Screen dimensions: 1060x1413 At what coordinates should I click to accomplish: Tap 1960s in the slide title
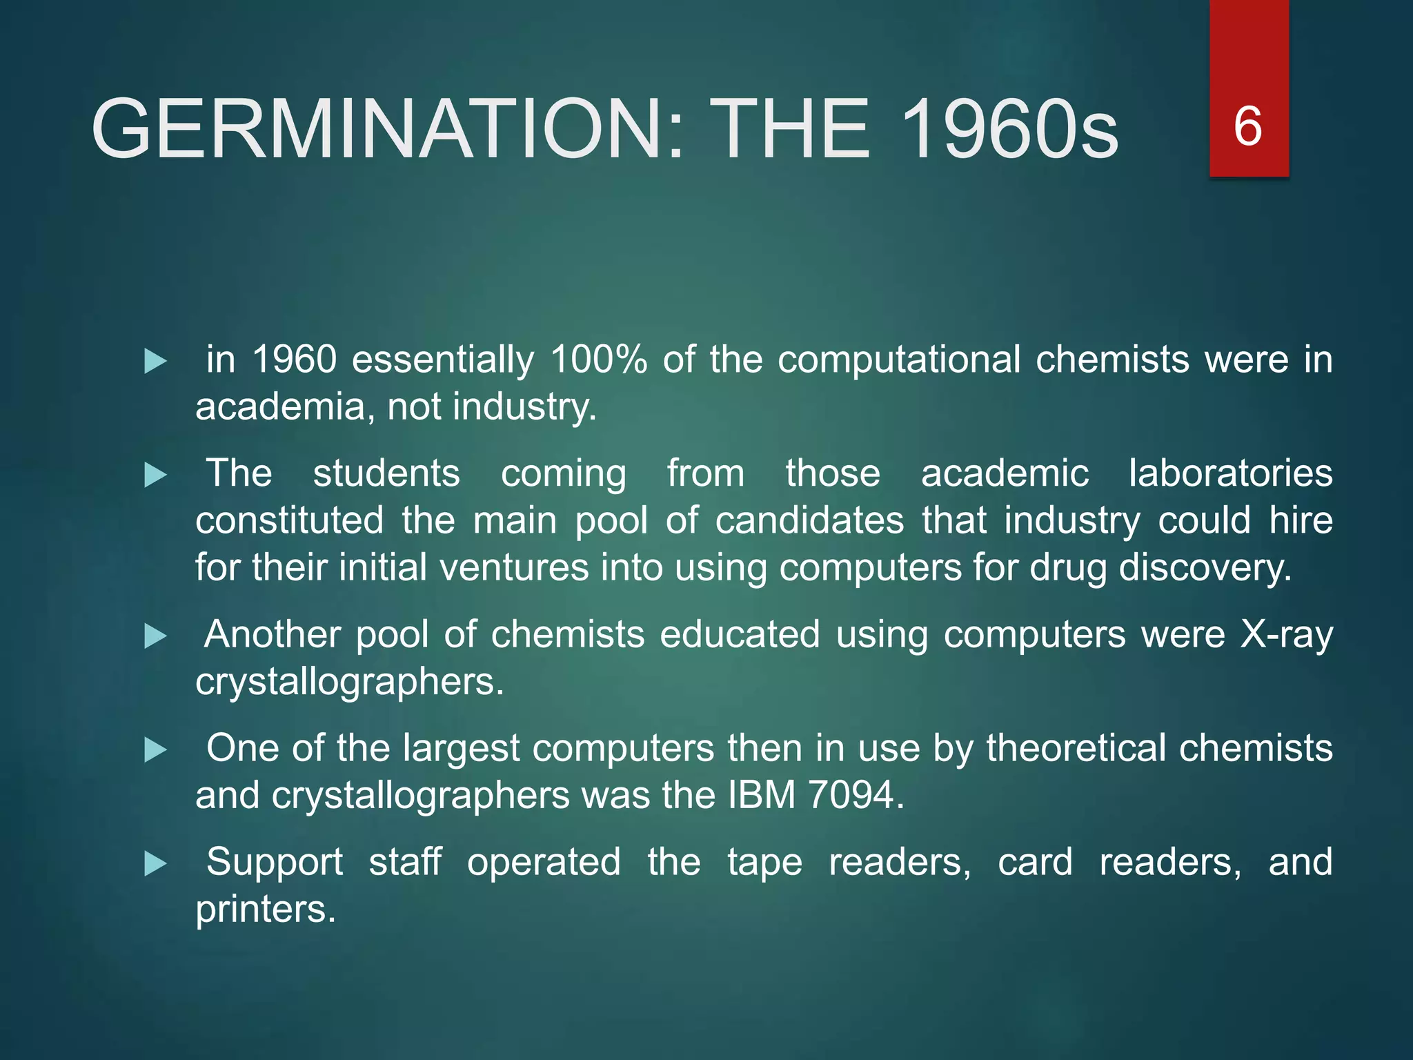pyautogui.click(x=1009, y=129)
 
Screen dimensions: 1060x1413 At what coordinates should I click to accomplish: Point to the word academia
pyautogui.click(x=280, y=406)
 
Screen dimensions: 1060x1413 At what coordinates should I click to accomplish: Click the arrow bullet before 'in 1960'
pyautogui.click(x=156, y=361)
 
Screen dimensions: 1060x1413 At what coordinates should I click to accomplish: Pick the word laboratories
pyautogui.click(x=1230, y=473)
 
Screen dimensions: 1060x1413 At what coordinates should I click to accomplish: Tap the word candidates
pyautogui.click(x=809, y=520)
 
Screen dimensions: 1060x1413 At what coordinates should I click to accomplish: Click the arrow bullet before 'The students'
pyautogui.click(x=156, y=475)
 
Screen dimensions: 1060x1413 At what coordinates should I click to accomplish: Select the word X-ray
pyautogui.click(x=1286, y=634)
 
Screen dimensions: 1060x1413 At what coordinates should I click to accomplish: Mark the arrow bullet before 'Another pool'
pyautogui.click(x=156, y=636)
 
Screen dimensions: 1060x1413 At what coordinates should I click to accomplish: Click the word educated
pyautogui.click(x=740, y=634)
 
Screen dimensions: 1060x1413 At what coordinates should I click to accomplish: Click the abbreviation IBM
pyautogui.click(x=762, y=795)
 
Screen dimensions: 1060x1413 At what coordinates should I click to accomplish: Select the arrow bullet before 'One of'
pyautogui.click(x=156, y=749)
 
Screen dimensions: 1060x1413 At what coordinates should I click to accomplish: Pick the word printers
pyautogui.click(x=265, y=910)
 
